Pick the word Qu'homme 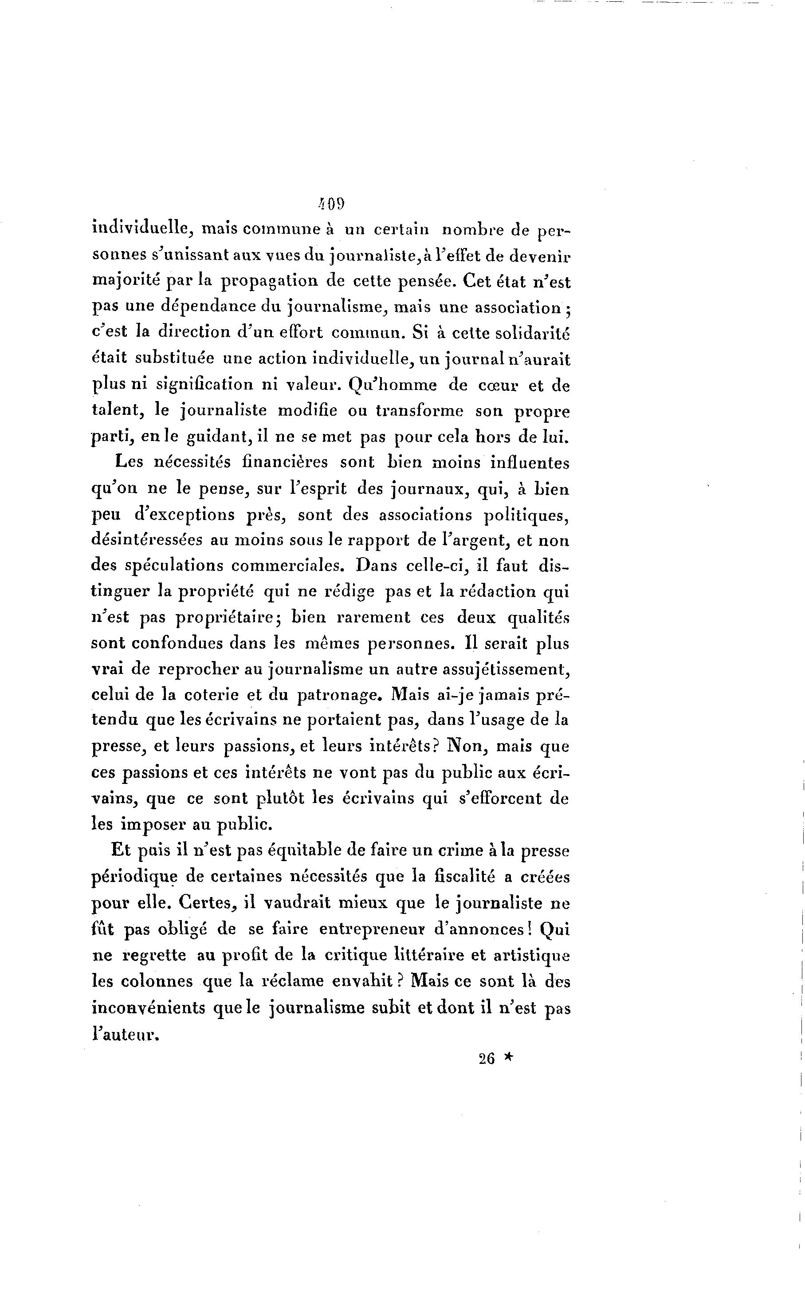point(393,385)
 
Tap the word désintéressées point(146,540)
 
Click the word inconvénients point(149,1008)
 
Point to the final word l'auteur point(126,1033)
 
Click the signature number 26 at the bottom point(487,1059)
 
